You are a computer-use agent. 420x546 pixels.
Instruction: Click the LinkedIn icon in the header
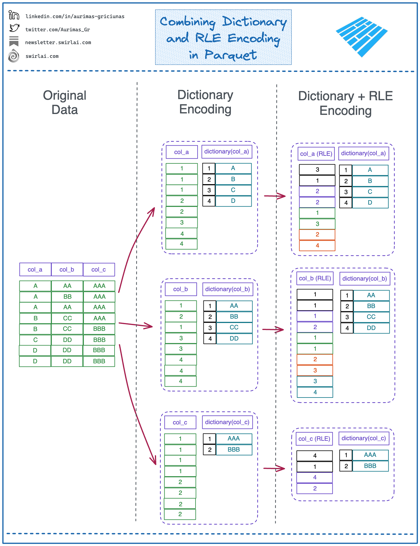[x=14, y=15]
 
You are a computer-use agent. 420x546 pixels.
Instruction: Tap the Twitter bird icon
[x=14, y=28]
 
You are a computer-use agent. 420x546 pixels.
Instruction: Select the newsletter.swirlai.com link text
[x=58, y=42]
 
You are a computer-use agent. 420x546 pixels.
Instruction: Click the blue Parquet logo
[x=362, y=37]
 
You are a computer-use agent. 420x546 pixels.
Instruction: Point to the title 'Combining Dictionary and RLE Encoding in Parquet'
[x=223, y=37]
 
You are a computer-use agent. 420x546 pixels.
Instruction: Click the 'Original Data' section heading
[x=65, y=102]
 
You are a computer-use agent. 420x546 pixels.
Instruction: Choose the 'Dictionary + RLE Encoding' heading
[x=345, y=103]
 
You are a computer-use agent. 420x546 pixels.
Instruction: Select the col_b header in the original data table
[x=67, y=269]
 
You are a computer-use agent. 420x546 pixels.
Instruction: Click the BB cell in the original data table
[x=67, y=297]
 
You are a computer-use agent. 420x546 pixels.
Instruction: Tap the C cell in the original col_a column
[x=35, y=340]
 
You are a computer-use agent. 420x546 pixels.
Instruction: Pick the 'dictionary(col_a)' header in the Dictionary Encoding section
[x=227, y=152]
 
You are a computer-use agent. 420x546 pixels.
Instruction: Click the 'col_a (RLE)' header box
[x=316, y=154]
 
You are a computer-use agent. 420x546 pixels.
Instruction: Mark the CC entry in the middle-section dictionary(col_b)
[x=234, y=327]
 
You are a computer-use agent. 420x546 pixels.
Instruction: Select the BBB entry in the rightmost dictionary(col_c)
[x=370, y=466]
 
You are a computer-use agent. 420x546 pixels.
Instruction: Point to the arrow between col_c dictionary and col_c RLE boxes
[x=274, y=468]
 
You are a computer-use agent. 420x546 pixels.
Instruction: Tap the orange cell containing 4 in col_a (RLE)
[x=317, y=246]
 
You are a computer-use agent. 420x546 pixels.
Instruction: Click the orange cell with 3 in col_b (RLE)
[x=315, y=370]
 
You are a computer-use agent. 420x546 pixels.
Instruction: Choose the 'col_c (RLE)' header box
[x=314, y=439]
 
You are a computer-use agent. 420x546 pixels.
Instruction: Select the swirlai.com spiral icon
[x=14, y=56]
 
